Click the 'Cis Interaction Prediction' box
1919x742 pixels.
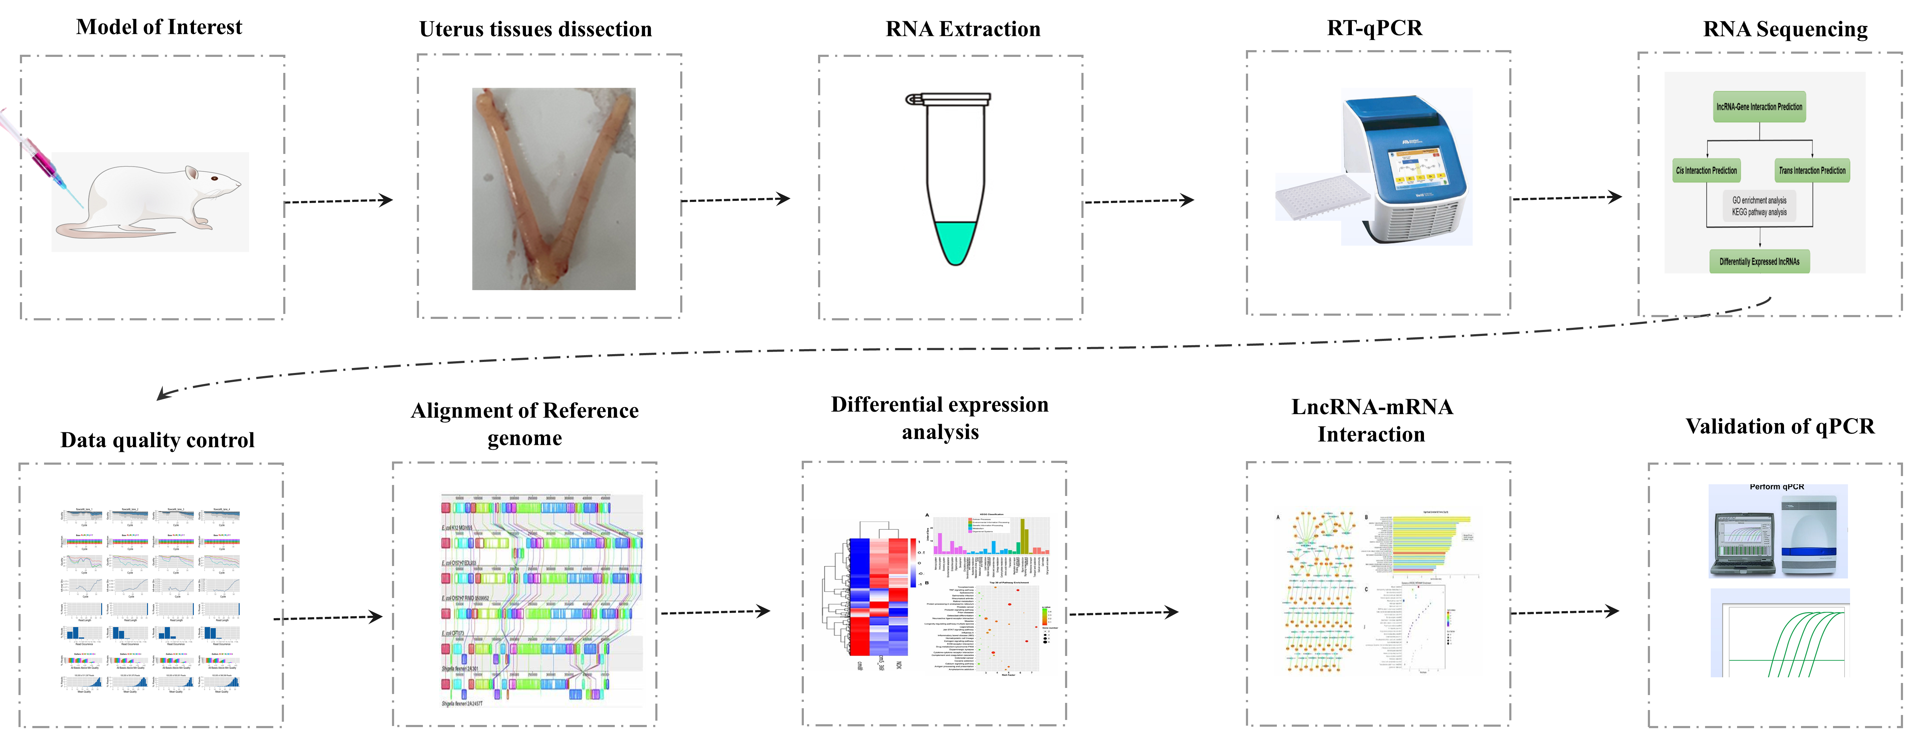click(x=1706, y=171)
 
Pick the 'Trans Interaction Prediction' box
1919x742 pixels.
click(x=1812, y=171)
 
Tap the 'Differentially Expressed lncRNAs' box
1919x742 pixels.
click(x=1759, y=261)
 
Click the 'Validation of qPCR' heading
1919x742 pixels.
click(x=1780, y=427)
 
